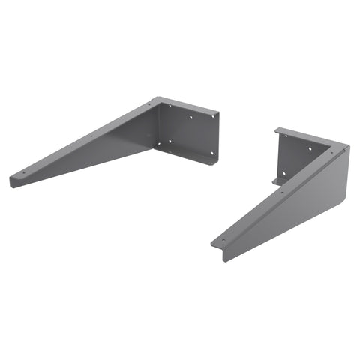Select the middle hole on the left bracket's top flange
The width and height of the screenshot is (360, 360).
[91, 136]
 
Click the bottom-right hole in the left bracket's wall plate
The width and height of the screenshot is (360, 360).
[212, 153]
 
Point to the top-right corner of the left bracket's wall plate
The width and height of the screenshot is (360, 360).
[217, 115]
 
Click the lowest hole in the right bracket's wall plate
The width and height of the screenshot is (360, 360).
[283, 174]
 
